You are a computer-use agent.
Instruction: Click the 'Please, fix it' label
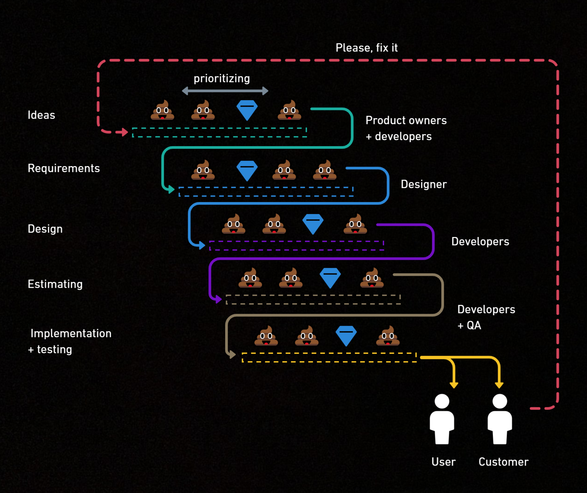click(x=366, y=48)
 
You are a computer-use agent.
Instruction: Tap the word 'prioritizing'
click(x=221, y=79)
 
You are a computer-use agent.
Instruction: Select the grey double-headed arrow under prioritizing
click(x=225, y=91)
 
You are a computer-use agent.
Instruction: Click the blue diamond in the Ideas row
click(x=247, y=110)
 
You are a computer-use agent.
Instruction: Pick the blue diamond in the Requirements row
click(x=247, y=170)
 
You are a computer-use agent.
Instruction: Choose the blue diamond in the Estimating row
click(x=330, y=278)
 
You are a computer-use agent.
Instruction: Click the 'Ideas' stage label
click(x=41, y=115)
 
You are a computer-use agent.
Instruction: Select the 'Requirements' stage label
click(x=64, y=168)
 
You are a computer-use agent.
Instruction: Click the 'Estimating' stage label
click(x=55, y=284)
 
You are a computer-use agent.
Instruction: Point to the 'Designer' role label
click(x=424, y=184)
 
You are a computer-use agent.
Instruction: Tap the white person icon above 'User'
click(x=442, y=419)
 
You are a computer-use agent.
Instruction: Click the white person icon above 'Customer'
click(x=499, y=419)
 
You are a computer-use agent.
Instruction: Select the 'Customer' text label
click(x=503, y=462)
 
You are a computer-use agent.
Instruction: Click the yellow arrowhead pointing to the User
click(x=454, y=385)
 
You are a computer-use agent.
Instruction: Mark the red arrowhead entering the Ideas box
click(x=124, y=132)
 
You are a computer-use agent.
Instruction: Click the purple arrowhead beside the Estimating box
click(x=218, y=299)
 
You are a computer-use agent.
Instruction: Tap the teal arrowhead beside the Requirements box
click(x=171, y=189)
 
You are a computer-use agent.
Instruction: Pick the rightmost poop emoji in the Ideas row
click(x=289, y=110)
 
